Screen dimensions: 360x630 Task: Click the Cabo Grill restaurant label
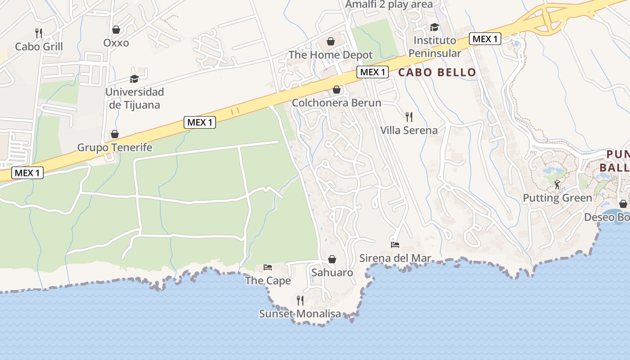39,47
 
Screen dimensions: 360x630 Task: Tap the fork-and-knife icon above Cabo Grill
39,33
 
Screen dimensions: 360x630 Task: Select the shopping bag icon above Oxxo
116,30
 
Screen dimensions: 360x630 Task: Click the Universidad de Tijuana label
135,98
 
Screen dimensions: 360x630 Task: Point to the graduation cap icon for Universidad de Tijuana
135,79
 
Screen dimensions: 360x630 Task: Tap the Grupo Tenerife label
115,148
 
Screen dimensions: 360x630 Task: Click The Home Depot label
331,55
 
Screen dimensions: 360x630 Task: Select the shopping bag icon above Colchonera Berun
336,90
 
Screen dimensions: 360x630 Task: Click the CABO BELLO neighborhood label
437,72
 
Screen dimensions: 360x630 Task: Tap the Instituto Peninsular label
434,47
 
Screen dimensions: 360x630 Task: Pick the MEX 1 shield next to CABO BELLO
373,72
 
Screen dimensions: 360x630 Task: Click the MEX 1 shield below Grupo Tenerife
27,173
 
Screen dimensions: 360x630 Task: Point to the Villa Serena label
409,130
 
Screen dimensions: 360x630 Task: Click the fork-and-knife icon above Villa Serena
409,117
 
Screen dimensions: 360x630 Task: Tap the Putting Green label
557,198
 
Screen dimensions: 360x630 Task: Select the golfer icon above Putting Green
557,184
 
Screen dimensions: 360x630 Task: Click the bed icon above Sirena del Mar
395,245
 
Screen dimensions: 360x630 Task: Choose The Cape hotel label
268,281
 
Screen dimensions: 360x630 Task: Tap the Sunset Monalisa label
300,314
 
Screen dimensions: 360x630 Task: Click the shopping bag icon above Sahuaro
332,259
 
